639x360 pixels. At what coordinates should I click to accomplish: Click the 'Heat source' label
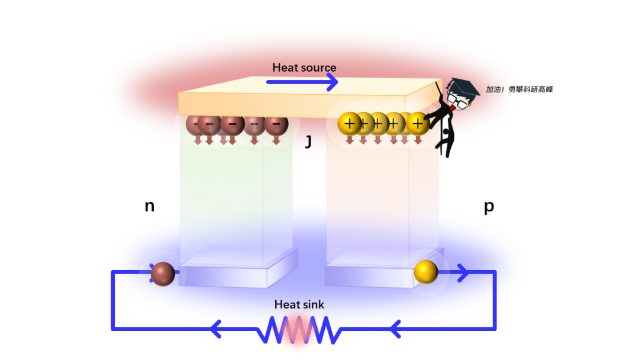tap(304, 67)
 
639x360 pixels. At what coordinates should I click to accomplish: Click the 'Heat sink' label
tap(299, 304)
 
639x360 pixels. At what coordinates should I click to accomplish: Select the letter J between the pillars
tap(308, 142)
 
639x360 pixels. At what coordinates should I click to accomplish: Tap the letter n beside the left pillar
tap(150, 206)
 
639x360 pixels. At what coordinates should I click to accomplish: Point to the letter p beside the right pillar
tap(489, 207)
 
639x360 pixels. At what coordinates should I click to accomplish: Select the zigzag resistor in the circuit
tap(299, 330)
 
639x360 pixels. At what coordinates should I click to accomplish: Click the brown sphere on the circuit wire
tap(163, 274)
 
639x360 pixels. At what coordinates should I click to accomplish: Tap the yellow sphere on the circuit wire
tap(426, 272)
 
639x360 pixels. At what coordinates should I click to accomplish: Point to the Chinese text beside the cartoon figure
tap(519, 89)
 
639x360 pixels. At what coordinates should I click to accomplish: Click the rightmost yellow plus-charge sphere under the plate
tap(418, 124)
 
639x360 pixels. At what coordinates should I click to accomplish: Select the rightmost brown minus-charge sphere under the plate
tap(276, 124)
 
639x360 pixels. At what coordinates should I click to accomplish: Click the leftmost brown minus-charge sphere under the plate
tap(196, 124)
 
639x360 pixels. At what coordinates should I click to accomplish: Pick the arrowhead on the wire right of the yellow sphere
tap(463, 273)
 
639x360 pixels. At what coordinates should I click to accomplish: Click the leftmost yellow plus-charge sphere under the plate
tap(349, 124)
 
